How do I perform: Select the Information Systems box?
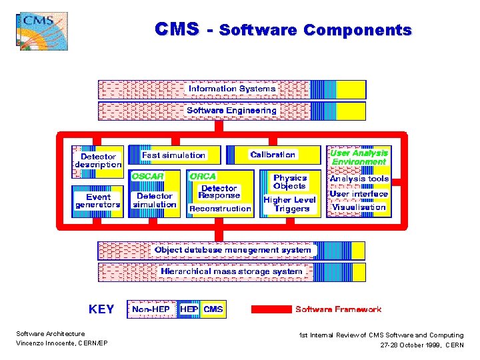(232, 89)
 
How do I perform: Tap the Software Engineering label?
(231, 111)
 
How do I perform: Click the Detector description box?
(98, 161)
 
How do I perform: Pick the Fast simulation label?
(174, 155)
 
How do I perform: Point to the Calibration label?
(273, 155)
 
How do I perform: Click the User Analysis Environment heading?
(359, 157)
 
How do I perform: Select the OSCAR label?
(147, 176)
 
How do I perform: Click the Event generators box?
(98, 201)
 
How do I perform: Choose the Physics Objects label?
(290, 181)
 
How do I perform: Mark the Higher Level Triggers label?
(289, 204)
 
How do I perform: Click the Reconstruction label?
(220, 209)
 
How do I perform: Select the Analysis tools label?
(359, 179)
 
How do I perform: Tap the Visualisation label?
(359, 207)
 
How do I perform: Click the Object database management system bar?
(232, 250)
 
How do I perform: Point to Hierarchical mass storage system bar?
(231, 271)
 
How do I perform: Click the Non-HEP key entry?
(151, 309)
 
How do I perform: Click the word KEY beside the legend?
(101, 309)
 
